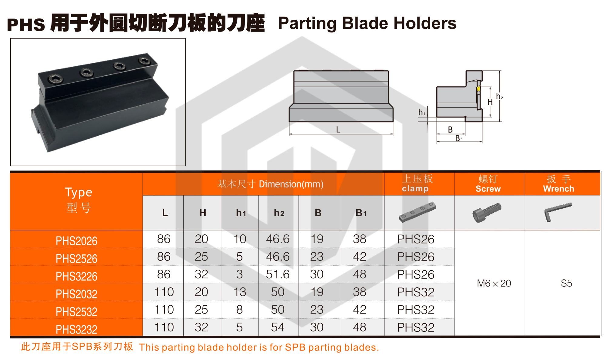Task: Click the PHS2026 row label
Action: tap(76, 241)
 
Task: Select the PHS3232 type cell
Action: tap(76, 329)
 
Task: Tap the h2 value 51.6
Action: tap(278, 274)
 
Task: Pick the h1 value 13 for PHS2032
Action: tap(240, 292)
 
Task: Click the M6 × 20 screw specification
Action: tap(494, 283)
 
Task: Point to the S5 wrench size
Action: tap(566, 283)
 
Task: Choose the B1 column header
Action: tap(361, 213)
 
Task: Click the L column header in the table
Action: tap(165, 213)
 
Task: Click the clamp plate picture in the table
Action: tap(418, 212)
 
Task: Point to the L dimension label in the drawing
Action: tap(338, 130)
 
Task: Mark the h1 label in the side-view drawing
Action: tap(421, 113)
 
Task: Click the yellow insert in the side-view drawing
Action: tap(478, 89)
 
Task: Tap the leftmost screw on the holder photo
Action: tap(56, 79)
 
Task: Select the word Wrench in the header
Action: tap(558, 189)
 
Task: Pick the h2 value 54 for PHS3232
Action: tap(278, 327)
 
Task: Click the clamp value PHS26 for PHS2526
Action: tap(416, 257)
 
